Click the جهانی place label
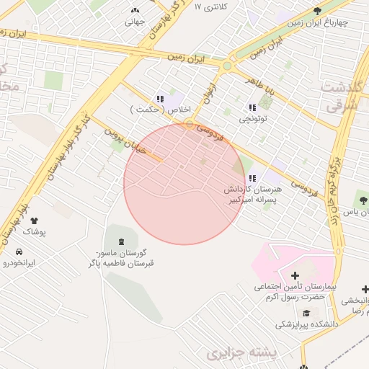(x=135, y=22)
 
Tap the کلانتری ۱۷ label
(x=211, y=6)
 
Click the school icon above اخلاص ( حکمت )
(x=159, y=98)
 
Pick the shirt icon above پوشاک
(x=34, y=221)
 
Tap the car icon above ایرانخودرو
(x=18, y=252)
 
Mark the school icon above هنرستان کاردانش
(x=251, y=178)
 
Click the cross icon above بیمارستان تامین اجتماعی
(x=295, y=275)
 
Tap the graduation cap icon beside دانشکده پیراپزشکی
(x=306, y=313)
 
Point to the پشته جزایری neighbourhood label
(x=242, y=353)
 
